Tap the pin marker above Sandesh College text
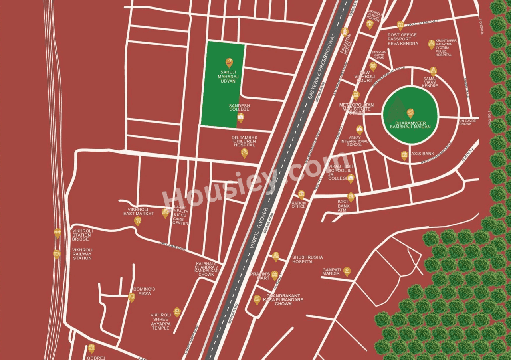(240, 117)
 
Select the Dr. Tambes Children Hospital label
(244, 141)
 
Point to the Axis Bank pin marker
(404, 156)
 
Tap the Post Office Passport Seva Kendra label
(402, 39)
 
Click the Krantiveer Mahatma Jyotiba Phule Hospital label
(446, 48)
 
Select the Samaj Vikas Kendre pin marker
(433, 72)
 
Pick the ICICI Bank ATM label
(343, 206)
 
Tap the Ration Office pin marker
(301, 195)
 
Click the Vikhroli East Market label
(139, 211)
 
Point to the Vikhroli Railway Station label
(82, 254)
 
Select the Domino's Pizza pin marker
(131, 297)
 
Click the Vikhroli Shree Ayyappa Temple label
(161, 321)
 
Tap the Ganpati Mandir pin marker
(347, 271)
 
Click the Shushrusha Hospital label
(307, 259)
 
